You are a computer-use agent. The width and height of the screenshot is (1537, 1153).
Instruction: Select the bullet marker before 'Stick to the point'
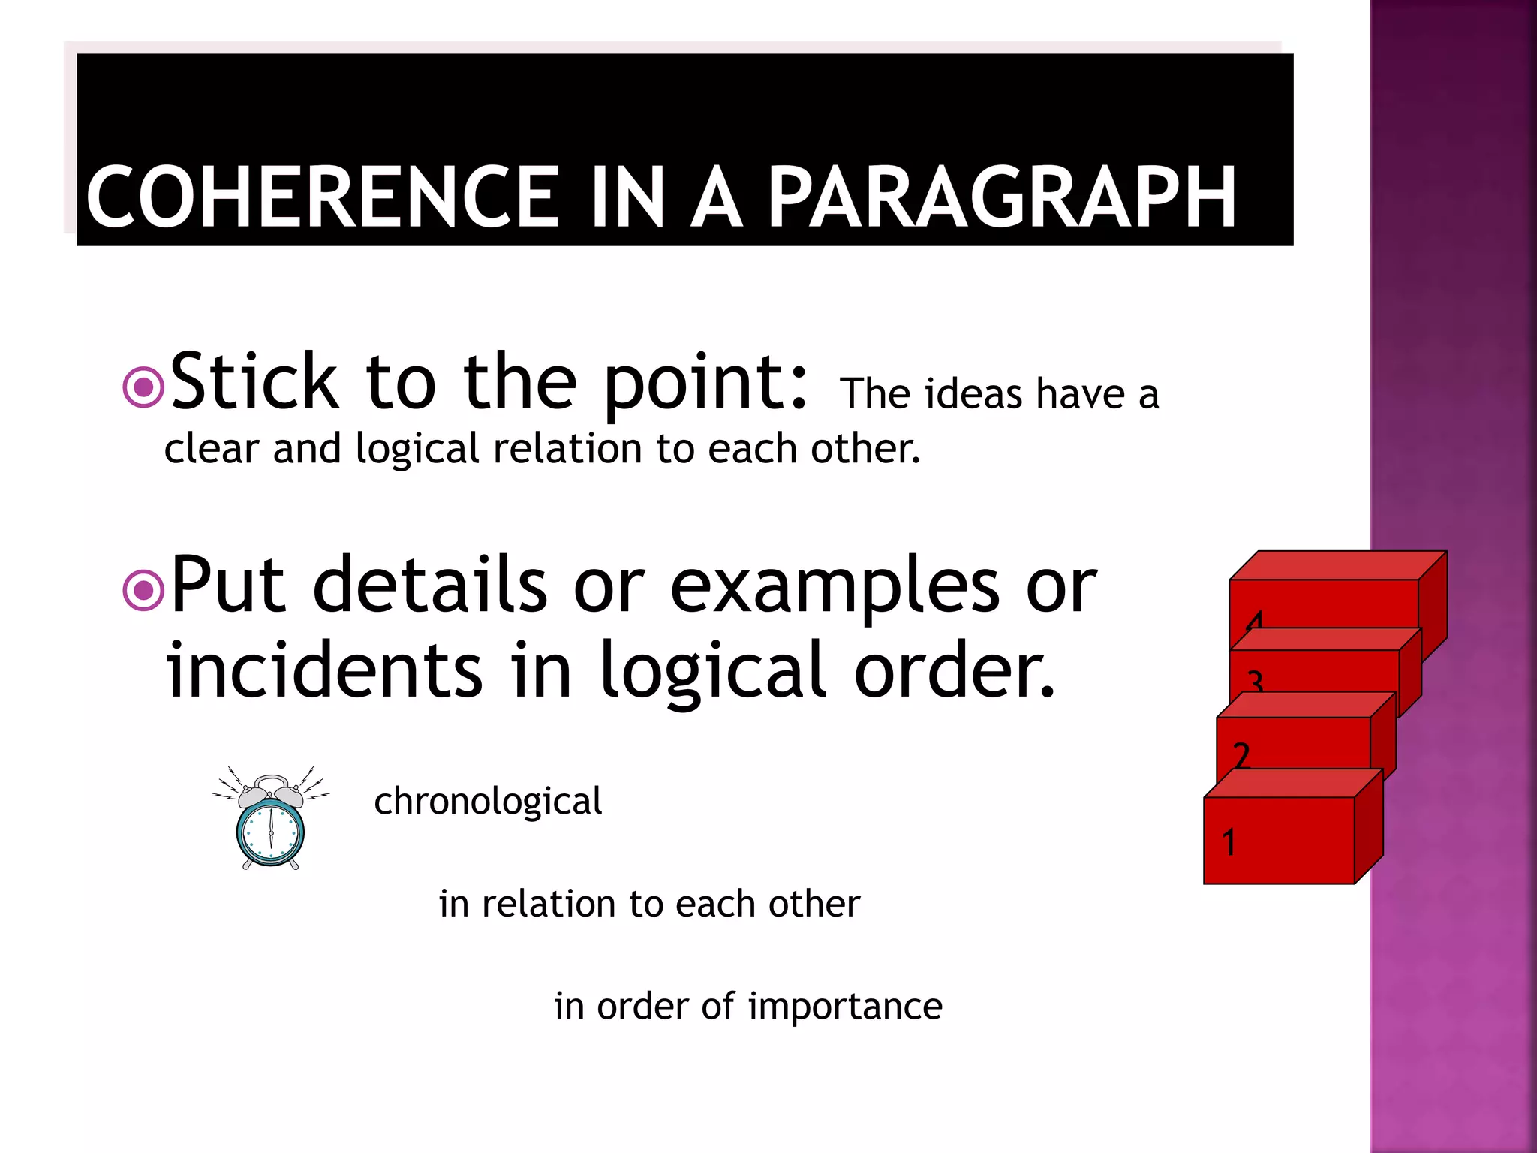pos(143,387)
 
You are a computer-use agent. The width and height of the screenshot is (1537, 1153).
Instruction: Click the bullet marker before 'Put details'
pos(143,590)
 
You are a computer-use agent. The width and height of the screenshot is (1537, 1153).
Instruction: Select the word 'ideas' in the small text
pos(973,394)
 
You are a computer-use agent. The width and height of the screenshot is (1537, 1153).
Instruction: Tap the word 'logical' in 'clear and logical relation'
pos(417,450)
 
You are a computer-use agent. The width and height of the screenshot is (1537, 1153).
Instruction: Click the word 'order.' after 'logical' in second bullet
pos(955,670)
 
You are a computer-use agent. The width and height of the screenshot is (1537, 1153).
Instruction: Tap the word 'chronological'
pos(488,802)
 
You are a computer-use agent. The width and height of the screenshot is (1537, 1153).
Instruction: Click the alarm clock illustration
pos(271,820)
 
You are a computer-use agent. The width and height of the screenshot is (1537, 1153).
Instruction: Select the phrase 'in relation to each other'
pos(649,904)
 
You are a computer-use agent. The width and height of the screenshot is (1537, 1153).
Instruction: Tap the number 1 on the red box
pos(1229,842)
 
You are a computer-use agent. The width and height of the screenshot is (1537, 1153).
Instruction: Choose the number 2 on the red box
pos(1241,754)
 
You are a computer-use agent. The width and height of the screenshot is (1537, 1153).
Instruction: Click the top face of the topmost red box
pos(1337,565)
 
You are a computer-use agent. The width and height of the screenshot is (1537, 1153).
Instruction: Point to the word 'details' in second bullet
pos(429,586)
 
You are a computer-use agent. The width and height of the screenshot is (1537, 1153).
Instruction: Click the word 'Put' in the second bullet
pos(228,586)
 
